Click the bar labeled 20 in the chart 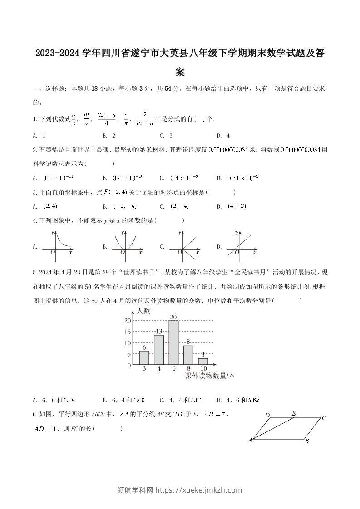(173, 342)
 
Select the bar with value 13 (159, 349)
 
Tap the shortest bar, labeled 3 (203, 361)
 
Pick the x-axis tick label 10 (203, 369)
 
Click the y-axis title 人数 (143, 311)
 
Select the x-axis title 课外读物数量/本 (210, 376)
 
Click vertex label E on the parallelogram (294, 413)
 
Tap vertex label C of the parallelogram (324, 418)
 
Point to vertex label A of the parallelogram (250, 440)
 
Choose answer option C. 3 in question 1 (166, 136)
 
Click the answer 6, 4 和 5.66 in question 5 (123, 400)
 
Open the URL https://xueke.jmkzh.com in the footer (199, 490)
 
